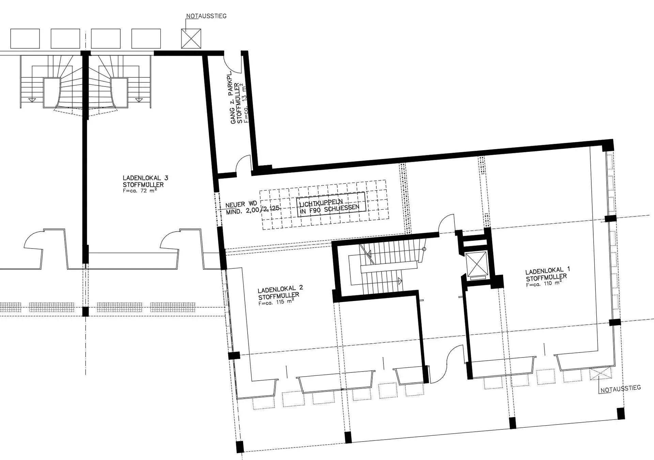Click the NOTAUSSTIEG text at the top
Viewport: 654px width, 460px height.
[206, 16]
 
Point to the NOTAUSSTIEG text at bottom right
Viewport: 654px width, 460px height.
[621, 388]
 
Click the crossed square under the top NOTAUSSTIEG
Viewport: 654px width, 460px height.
[191, 38]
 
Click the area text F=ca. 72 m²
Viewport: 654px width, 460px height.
[140, 191]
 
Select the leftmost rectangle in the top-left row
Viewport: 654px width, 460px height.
[25, 38]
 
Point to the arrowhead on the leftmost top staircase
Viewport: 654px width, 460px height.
[32, 100]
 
